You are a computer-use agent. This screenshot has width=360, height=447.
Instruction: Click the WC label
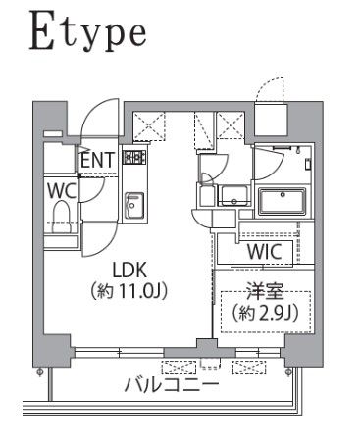[58, 190]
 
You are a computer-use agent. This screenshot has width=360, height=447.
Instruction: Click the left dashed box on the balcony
[178, 367]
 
